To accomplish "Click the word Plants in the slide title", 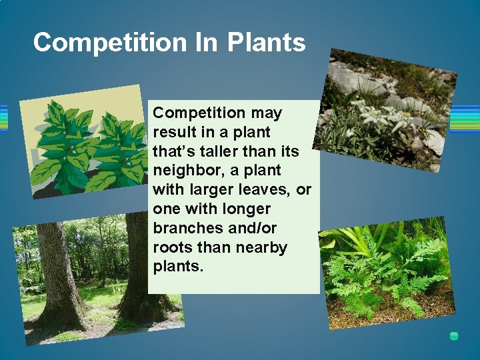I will (266, 43).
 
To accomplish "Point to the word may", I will (267, 113).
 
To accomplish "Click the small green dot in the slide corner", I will (454, 337).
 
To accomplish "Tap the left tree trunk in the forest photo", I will (57, 273).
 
